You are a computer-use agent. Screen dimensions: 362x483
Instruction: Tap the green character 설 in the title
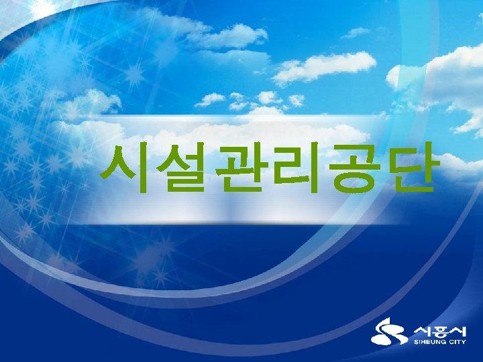pos(180,168)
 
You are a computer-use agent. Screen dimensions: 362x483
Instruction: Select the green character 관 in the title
pos(237,168)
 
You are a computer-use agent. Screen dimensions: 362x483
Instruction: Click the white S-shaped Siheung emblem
pos(389,333)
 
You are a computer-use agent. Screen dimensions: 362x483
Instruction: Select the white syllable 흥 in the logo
pos(439,330)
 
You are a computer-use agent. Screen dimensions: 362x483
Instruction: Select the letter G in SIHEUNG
pos(445,343)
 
